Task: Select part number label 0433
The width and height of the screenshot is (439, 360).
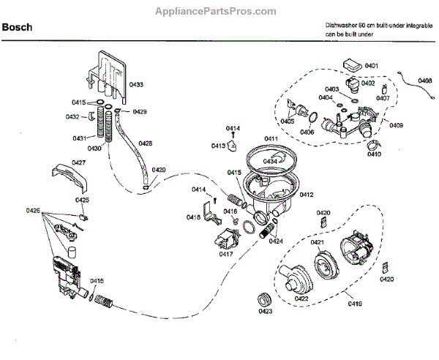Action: pos(136,86)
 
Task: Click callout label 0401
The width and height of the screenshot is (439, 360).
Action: pos(371,67)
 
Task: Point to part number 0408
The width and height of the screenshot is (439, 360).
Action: pos(425,80)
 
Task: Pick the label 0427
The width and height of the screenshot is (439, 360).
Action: pos(79,162)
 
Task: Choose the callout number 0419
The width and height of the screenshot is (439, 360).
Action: pos(355,303)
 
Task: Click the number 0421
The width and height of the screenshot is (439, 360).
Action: pos(317,241)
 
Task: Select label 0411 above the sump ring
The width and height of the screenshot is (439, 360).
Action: pos(271,138)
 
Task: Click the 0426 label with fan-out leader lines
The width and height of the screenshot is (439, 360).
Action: pos(32,211)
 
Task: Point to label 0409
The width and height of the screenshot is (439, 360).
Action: pos(397,125)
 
